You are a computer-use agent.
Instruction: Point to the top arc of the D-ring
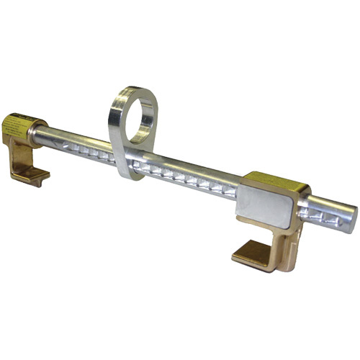click(137, 91)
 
